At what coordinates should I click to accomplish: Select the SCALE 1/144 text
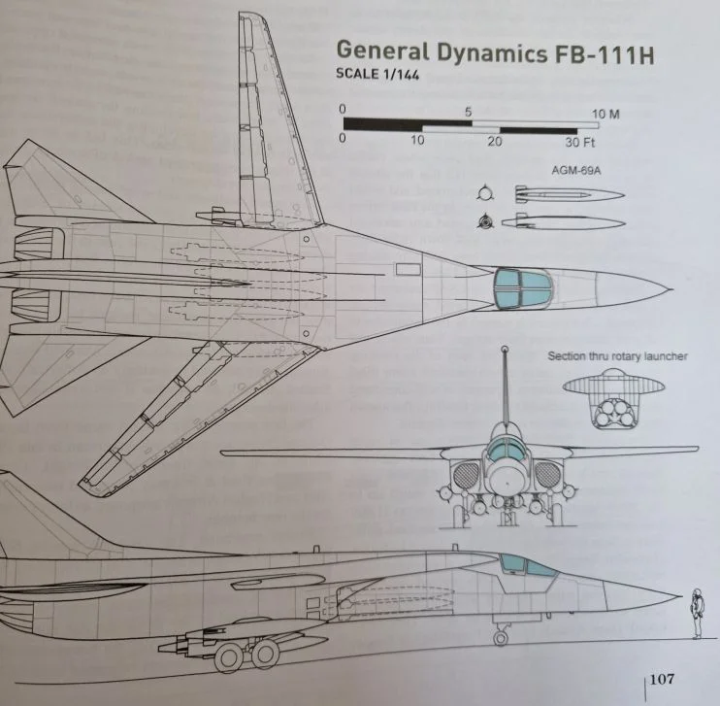(377, 77)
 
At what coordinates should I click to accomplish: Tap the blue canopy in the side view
(525, 566)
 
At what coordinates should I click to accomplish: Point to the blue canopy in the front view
(505, 448)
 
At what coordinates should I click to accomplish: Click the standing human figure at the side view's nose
(696, 614)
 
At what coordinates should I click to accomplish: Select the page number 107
(662, 677)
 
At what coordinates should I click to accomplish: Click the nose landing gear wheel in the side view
(502, 636)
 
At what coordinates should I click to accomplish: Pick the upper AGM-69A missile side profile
(562, 194)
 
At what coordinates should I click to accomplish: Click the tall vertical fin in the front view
(505, 388)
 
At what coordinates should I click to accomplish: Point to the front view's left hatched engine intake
(463, 476)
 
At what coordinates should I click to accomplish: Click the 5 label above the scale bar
(470, 113)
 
